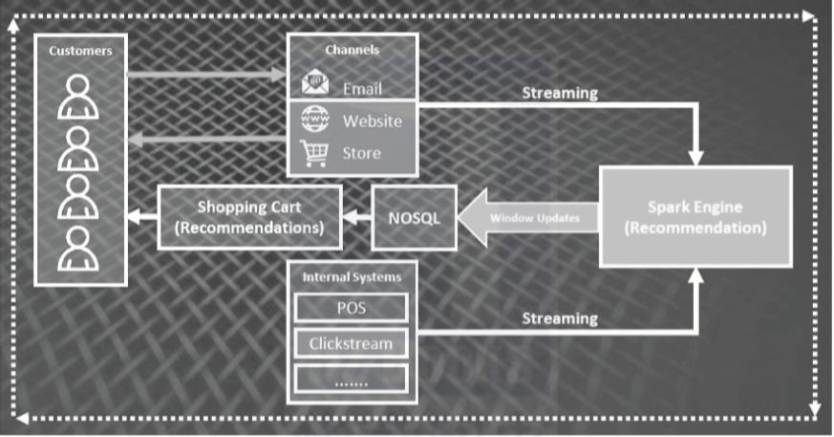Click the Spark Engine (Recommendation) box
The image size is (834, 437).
695,217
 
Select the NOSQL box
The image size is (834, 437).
414,217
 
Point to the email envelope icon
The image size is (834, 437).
314,84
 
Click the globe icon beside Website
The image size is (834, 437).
314,120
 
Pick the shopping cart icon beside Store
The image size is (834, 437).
314,152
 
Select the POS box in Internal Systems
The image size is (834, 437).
351,308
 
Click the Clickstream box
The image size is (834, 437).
351,343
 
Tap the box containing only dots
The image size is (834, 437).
351,379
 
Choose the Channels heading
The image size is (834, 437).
353,49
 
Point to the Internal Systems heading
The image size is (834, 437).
352,277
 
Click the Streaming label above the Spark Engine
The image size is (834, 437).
560,93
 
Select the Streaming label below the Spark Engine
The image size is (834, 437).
560,318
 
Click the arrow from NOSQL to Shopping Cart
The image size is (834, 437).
356,217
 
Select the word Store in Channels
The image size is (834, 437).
361,153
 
